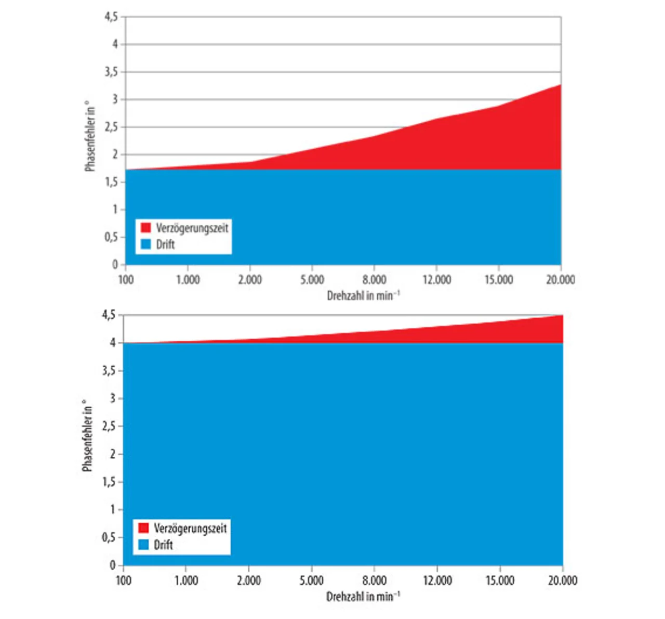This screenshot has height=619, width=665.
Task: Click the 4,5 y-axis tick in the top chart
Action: pos(111,17)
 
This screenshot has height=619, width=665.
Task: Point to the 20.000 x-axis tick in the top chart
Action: pos(561,280)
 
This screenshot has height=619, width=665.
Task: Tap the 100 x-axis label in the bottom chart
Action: pos(123,581)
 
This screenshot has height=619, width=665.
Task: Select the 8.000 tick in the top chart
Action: pos(374,280)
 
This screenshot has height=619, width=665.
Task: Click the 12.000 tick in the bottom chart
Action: pos(437,581)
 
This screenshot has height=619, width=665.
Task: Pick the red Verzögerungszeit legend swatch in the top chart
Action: pos(146,228)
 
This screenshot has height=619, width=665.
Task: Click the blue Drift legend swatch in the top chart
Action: pos(146,244)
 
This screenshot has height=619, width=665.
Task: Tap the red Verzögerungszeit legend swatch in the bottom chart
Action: pos(144,528)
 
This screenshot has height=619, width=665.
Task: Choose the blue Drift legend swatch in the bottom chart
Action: pos(144,545)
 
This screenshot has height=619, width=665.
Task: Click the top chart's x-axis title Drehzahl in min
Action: pos(363,295)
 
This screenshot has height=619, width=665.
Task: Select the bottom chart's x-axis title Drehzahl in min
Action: pos(363,596)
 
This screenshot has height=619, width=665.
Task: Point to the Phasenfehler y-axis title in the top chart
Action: pos(90,136)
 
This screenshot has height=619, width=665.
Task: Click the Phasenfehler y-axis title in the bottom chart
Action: pos(87,436)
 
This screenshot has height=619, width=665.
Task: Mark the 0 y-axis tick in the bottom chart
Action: pos(113,565)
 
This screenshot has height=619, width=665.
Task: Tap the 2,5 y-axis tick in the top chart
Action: pos(111,127)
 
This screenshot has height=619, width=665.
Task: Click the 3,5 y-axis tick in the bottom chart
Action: pos(109,371)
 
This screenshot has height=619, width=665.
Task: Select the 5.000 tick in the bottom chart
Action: pos(311,581)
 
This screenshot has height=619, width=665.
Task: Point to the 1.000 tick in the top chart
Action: pos(188,280)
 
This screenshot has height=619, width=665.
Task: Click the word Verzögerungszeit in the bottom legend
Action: pos(190,528)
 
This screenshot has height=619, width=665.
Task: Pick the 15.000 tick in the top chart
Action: pos(498,280)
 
